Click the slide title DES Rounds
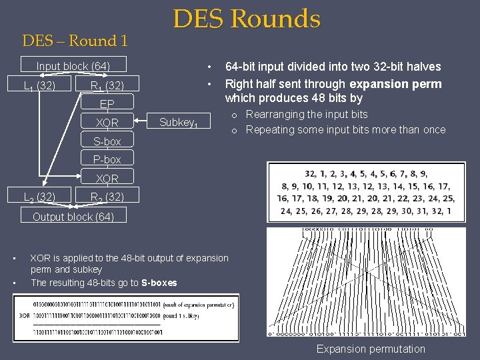pyautogui.click(x=247, y=19)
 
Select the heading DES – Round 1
pyautogui.click(x=75, y=41)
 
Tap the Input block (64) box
pyautogui.click(x=73, y=66)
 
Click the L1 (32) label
pyautogui.click(x=39, y=85)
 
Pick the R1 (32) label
pyautogui.click(x=107, y=85)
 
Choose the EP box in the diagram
pyautogui.click(x=107, y=104)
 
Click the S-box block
pyautogui.click(x=107, y=141)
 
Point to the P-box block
pyautogui.click(x=107, y=159)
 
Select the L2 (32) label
pyautogui.click(x=39, y=197)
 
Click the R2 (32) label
pyautogui.click(x=107, y=197)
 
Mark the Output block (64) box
pyautogui.click(x=73, y=217)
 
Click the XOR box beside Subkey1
pyautogui.click(x=107, y=123)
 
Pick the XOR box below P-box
pyautogui.click(x=107, y=178)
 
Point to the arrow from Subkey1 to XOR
pyautogui.click(x=145, y=122)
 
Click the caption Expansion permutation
pyautogui.click(x=370, y=349)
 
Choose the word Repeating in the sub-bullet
pyautogui.click(x=269, y=129)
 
